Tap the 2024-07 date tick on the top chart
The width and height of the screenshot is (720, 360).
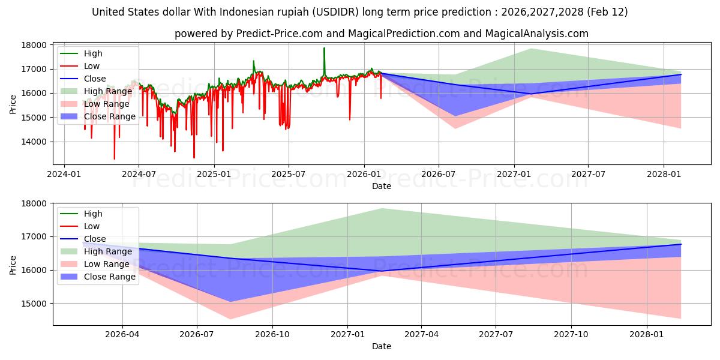tap(139, 174)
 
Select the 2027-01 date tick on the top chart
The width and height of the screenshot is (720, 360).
tap(514, 174)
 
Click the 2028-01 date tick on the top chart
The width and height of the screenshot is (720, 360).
tap(664, 174)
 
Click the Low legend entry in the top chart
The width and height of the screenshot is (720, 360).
tap(92, 66)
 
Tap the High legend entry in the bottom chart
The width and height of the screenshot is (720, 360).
tap(93, 214)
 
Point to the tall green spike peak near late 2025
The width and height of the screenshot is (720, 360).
tap(324, 48)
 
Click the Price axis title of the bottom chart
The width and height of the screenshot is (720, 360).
tap(13, 264)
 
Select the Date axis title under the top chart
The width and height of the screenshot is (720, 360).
tap(381, 186)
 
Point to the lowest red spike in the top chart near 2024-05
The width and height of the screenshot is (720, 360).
tap(114, 159)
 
